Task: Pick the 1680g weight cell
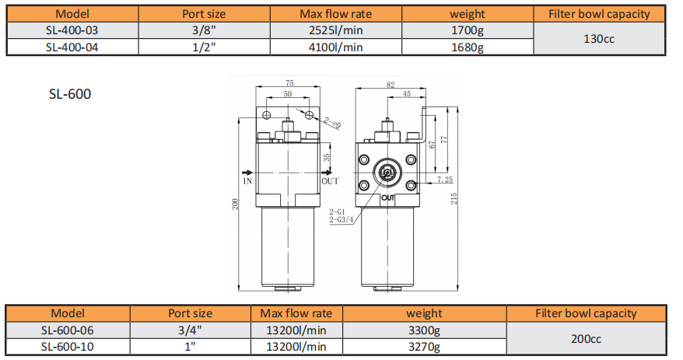tap(468, 47)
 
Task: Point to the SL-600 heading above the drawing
tap(70, 94)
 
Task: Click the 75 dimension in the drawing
tap(289, 83)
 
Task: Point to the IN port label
tap(247, 180)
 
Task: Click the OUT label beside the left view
tap(331, 180)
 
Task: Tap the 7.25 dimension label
tap(444, 180)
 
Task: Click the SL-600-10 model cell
tap(68, 346)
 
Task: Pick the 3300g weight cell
tap(424, 330)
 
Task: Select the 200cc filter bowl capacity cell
tap(586, 338)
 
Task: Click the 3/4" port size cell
tap(190, 330)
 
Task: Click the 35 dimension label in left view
tap(327, 156)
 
